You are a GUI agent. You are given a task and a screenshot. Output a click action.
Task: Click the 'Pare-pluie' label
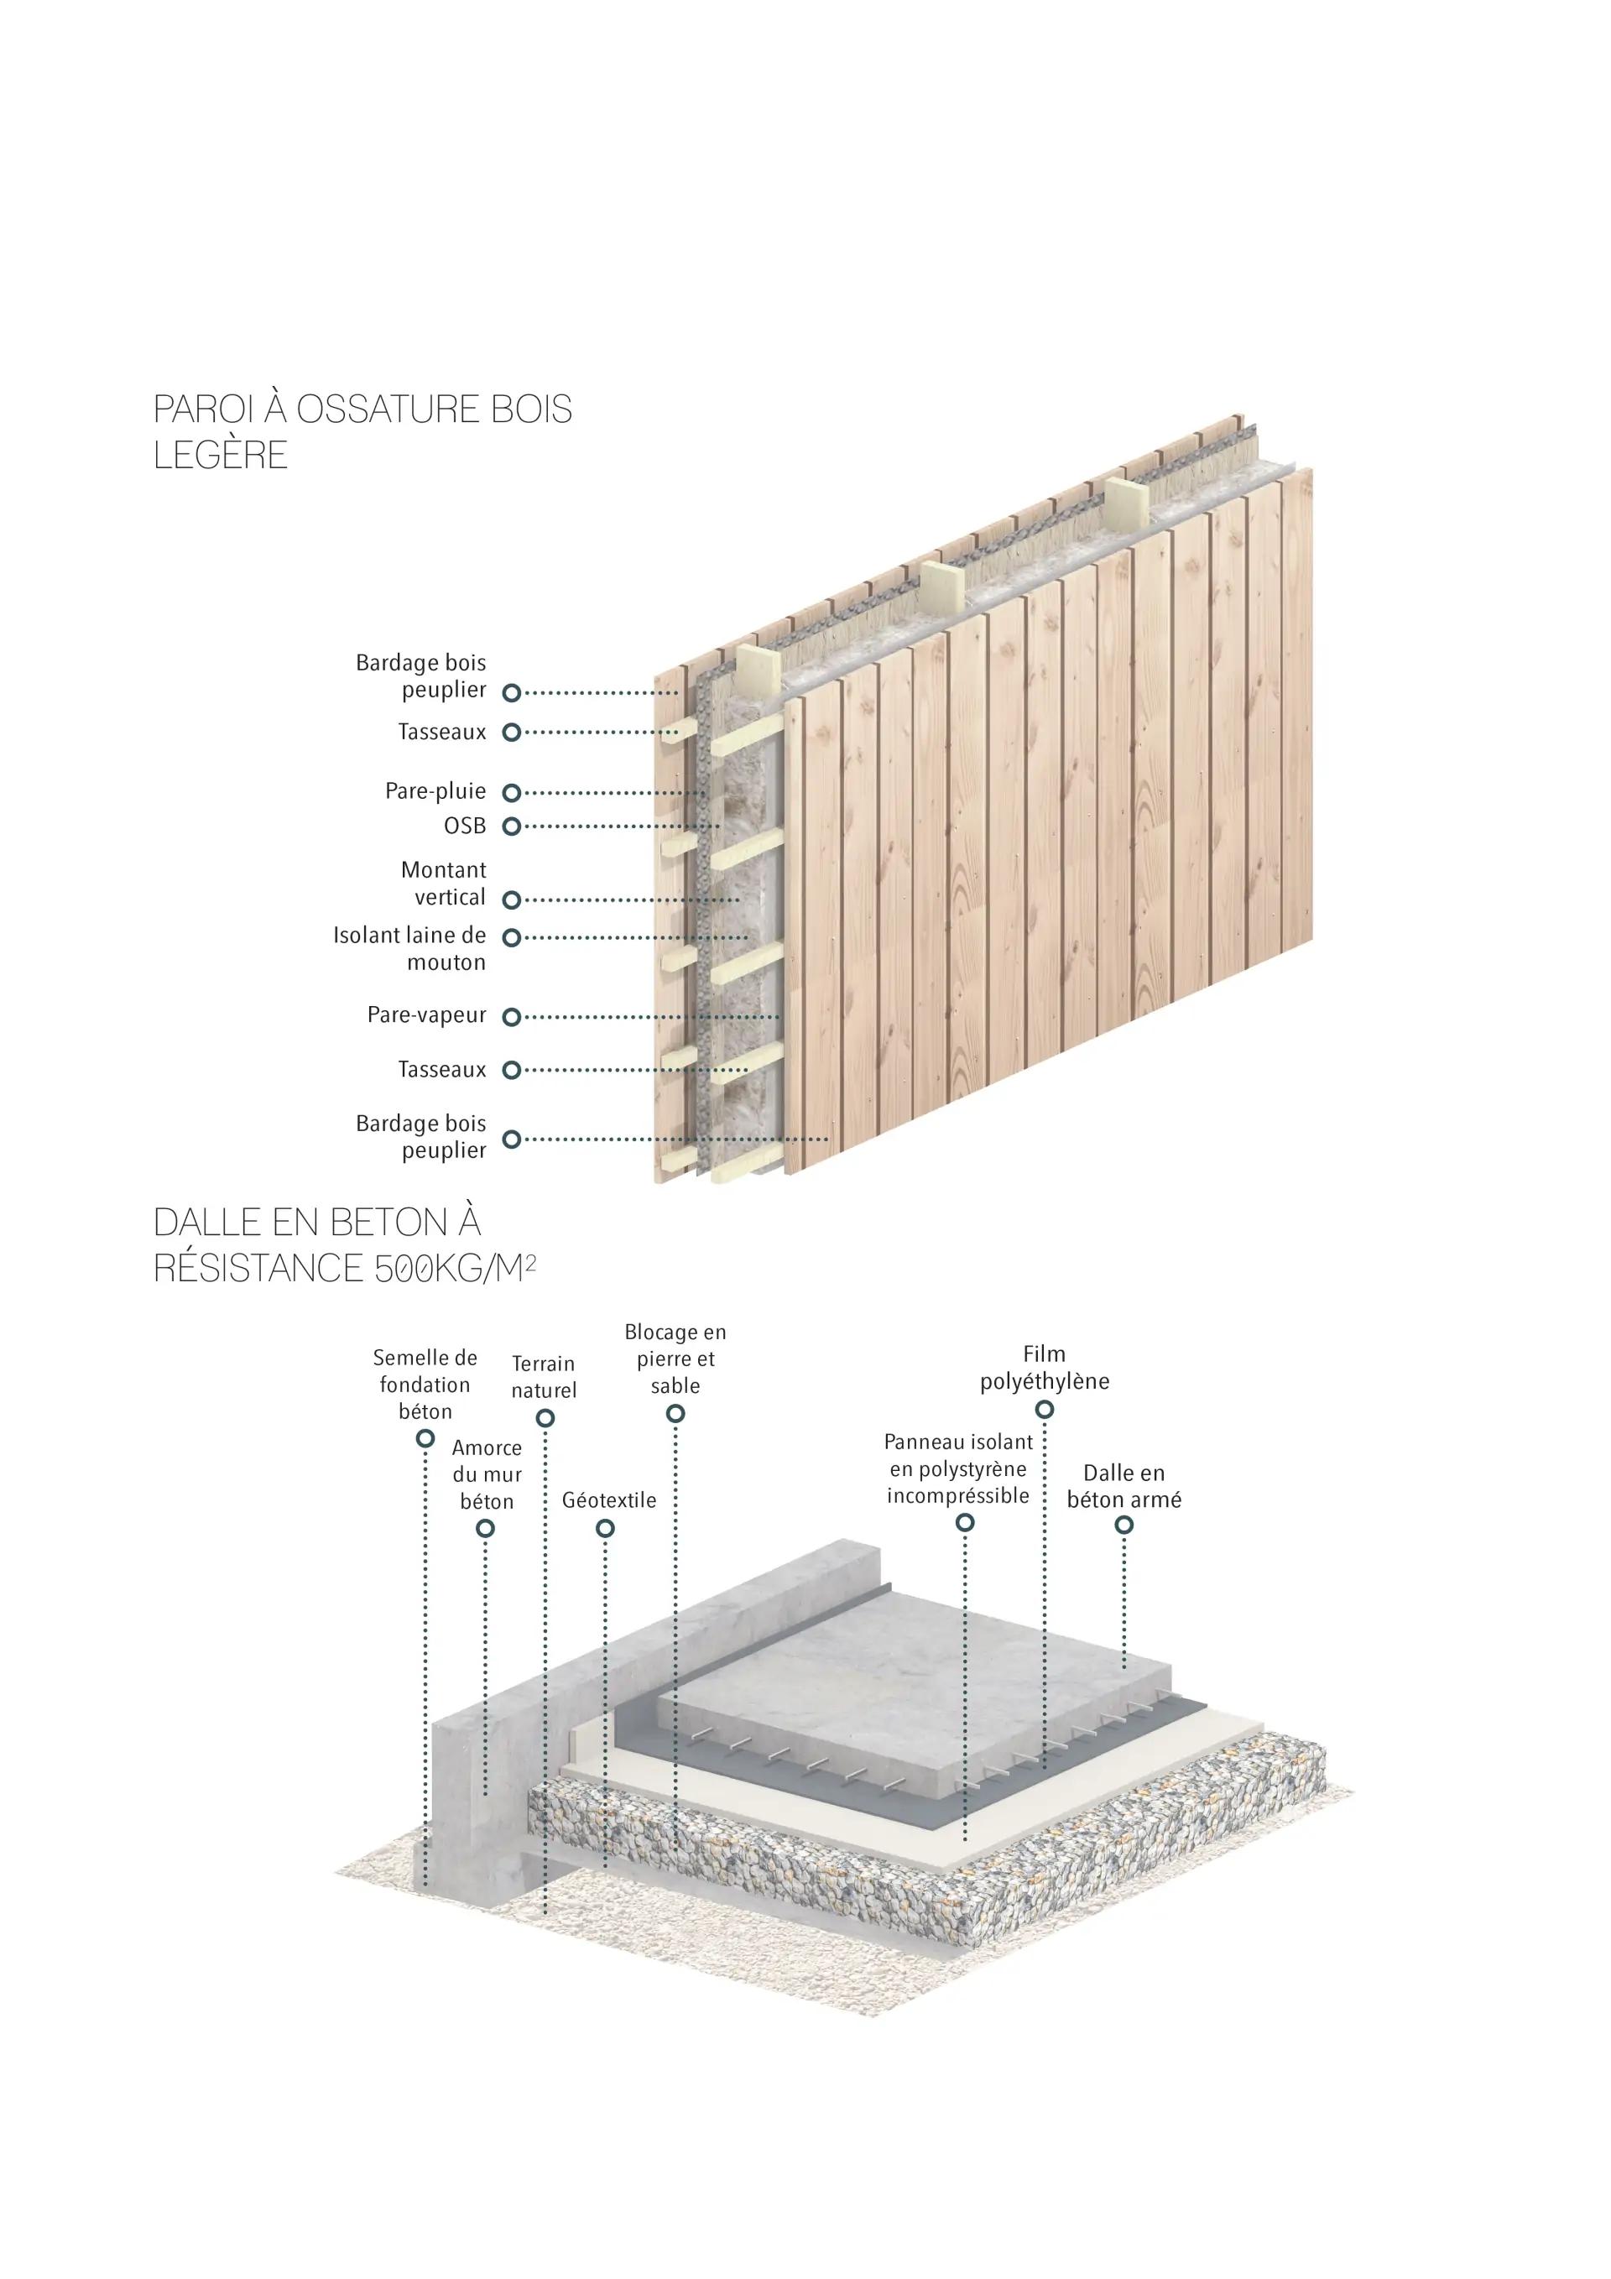tap(435, 791)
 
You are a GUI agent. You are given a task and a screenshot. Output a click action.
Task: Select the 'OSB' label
tap(465, 826)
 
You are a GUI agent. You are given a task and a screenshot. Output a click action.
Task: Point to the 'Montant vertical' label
tap(443, 884)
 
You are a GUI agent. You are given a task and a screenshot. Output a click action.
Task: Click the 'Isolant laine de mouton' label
tap(410, 948)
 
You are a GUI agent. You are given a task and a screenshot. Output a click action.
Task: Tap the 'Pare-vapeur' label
tap(427, 1015)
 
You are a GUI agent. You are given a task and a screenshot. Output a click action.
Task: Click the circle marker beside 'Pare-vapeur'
tap(511, 1017)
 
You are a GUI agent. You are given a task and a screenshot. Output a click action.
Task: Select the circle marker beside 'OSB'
tap(511, 826)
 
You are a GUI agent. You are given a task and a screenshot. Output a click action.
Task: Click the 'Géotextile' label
tap(608, 1499)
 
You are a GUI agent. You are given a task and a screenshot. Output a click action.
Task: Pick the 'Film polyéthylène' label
tap(1045, 1368)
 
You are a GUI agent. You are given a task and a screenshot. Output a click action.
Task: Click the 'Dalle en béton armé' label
tap(1124, 1486)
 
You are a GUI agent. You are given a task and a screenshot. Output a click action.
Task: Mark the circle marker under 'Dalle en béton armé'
tap(1124, 1525)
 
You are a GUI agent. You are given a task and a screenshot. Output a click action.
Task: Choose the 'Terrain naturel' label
tap(543, 1377)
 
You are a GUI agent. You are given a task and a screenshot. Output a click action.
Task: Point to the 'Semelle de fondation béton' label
tap(425, 1385)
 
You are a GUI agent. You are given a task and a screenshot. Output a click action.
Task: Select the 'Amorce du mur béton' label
tap(487, 1474)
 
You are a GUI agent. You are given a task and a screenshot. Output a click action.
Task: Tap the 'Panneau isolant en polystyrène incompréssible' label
tap(958, 1469)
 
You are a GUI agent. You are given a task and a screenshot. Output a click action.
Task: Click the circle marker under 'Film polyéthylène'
tap(1045, 1410)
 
